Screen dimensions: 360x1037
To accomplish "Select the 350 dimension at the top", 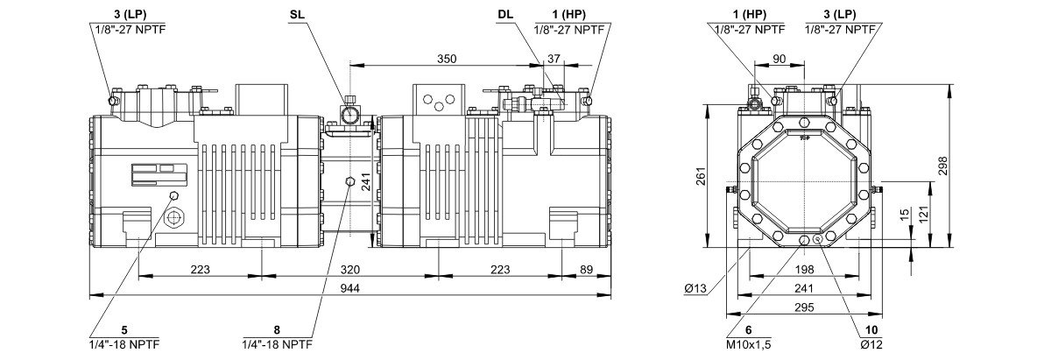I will pos(447,59).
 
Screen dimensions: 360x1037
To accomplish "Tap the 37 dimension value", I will pos(553,59).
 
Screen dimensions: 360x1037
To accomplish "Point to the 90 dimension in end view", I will pos(780,59).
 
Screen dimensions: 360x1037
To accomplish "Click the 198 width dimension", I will pos(805,269).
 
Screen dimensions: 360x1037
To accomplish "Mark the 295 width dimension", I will pos(805,307).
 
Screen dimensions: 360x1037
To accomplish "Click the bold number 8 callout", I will pos(277,330).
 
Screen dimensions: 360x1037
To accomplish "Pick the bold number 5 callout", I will pos(124,330).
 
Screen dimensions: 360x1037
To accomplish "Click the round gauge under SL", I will pos(349,114).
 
